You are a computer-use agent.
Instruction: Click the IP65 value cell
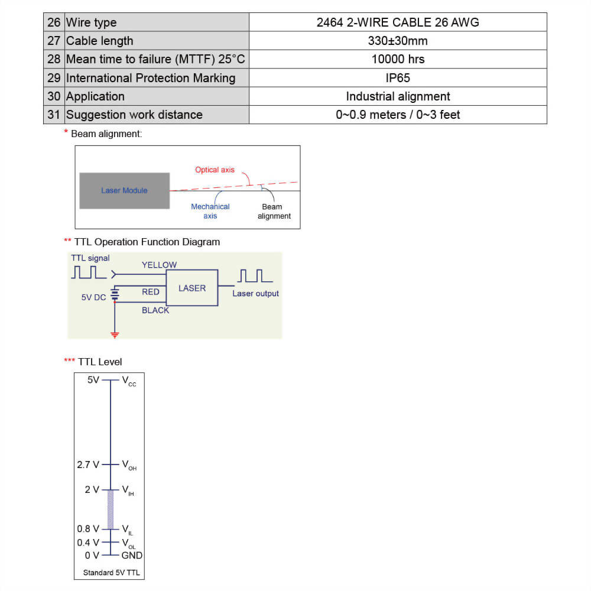tap(398, 78)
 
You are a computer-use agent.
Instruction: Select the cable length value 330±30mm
tap(398, 41)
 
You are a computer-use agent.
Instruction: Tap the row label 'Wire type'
tap(91, 22)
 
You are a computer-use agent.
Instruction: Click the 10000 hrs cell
tap(398, 59)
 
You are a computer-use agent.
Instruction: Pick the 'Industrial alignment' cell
tap(398, 96)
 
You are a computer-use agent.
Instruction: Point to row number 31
tap(54, 115)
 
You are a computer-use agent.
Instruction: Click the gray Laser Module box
tap(125, 190)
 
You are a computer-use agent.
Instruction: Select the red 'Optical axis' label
tap(215, 170)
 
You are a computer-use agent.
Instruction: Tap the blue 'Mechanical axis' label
tap(210, 211)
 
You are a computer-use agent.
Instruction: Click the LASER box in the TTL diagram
tap(192, 288)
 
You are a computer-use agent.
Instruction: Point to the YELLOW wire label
tap(159, 265)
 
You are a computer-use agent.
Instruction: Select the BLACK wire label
tap(155, 310)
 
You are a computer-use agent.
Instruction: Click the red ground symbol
tap(115, 335)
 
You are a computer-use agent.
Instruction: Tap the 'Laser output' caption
tap(255, 294)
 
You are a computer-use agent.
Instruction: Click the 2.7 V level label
tap(88, 465)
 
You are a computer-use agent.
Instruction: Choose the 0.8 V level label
tap(88, 529)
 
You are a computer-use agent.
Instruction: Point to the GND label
tap(132, 555)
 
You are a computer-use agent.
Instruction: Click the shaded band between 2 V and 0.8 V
tap(111, 509)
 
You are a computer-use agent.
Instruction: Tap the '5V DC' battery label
tap(93, 297)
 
